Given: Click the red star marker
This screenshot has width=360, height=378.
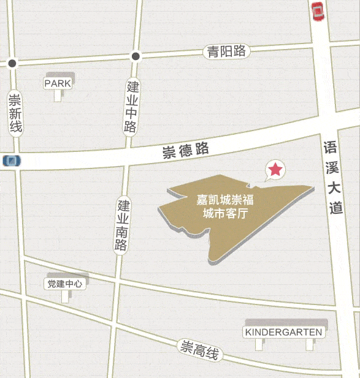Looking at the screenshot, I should (275, 170).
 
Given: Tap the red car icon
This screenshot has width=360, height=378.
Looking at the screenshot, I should (318, 12).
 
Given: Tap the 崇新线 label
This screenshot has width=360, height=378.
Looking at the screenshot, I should (15, 113).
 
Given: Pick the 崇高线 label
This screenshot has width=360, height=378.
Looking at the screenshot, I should (201, 350).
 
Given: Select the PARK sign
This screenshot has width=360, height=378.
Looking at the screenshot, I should (58, 83).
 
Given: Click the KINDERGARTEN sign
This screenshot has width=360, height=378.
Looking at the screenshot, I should (283, 332).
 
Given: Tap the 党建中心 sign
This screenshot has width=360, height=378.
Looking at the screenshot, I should (64, 284).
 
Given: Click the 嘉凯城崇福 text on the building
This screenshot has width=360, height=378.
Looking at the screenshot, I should (225, 200).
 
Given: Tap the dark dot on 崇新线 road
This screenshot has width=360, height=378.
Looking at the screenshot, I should (12, 63).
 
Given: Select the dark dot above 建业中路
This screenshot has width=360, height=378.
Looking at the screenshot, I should (136, 56).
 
